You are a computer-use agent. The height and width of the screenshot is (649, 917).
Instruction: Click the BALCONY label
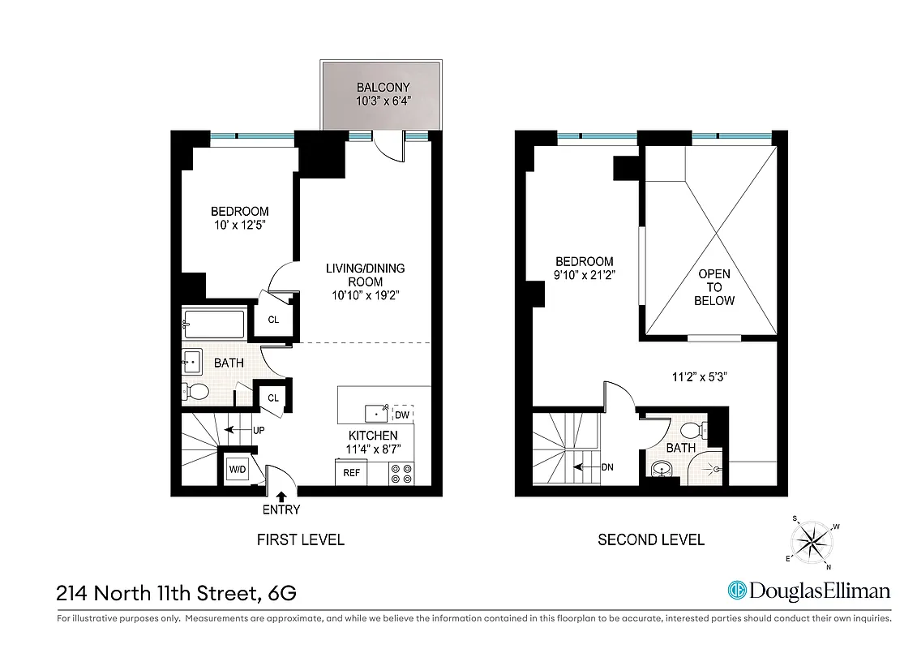[x=383, y=88]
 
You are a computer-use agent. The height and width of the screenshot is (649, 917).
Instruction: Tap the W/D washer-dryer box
[x=238, y=469]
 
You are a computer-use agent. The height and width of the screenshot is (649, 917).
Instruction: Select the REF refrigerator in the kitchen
[x=352, y=471]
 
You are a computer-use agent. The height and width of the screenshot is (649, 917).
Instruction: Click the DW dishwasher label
[x=402, y=415]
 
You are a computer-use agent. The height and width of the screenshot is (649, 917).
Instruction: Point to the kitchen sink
[x=377, y=414]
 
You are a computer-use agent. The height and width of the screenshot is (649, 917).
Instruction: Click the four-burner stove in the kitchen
[x=401, y=473]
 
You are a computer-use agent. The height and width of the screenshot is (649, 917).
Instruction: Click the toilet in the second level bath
[x=692, y=430]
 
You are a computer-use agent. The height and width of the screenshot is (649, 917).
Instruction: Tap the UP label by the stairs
[x=256, y=429]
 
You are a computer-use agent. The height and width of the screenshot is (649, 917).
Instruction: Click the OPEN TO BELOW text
[x=713, y=287]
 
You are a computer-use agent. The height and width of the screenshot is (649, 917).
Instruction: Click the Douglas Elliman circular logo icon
[x=737, y=591]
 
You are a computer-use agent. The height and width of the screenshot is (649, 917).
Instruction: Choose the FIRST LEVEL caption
[x=300, y=539]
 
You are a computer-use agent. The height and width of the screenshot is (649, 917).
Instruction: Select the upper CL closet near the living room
[x=273, y=320]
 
